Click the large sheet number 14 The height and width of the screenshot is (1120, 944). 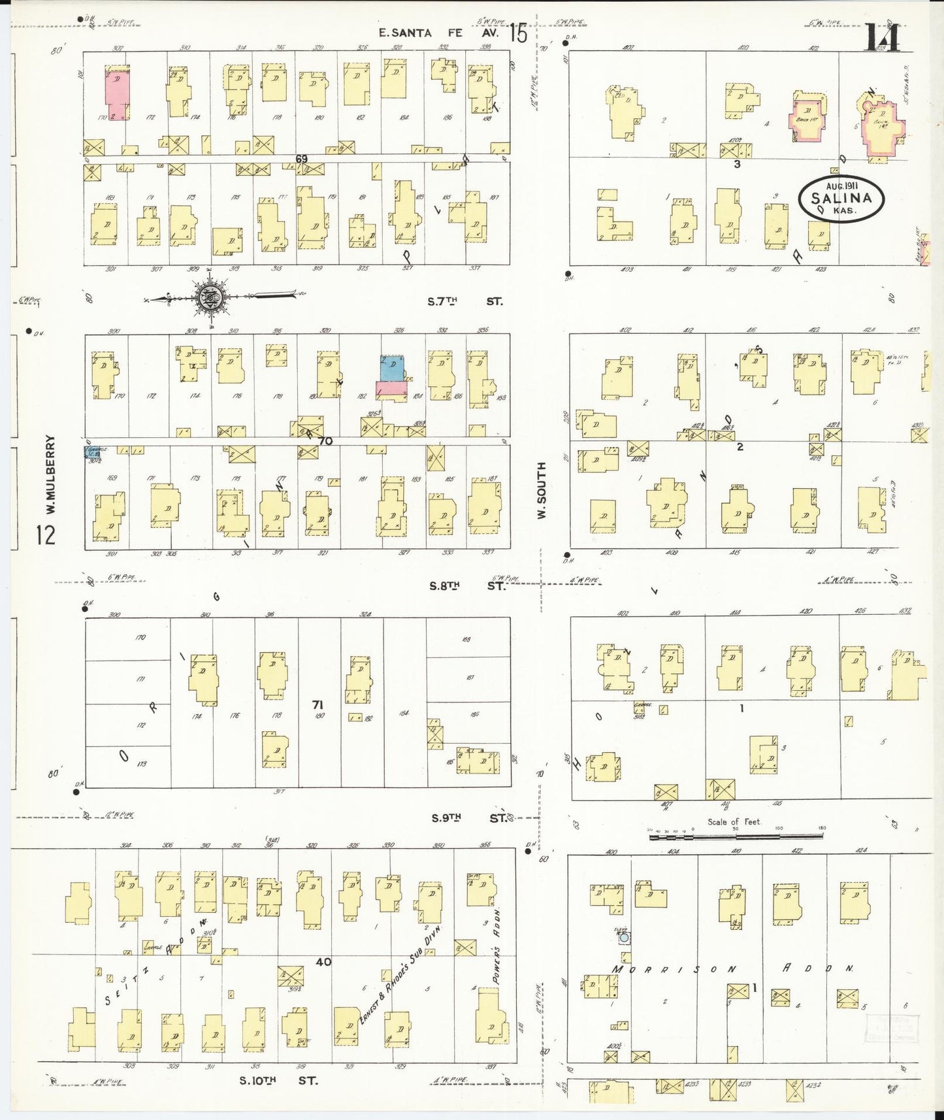883,36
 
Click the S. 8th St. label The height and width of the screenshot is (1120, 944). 466,585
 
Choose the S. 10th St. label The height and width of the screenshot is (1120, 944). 279,1080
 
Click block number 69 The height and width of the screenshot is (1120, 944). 301,159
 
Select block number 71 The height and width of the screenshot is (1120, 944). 318,704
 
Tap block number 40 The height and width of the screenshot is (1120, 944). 323,961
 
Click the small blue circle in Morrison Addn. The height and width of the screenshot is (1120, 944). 625,938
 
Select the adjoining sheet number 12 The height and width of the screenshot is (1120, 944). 46,535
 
